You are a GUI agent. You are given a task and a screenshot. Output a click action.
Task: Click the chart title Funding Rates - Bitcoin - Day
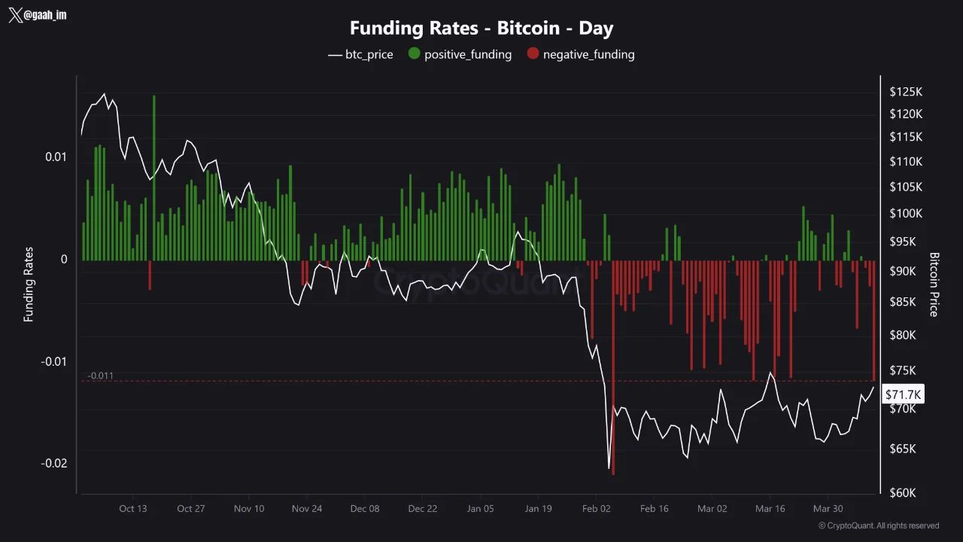coord(481,29)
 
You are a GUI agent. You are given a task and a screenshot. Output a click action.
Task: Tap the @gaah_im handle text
coord(46,15)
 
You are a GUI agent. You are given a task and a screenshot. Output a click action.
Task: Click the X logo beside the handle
coord(15,16)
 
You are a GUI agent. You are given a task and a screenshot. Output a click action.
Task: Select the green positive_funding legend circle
coord(414,54)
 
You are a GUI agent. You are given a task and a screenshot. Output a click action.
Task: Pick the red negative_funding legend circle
coord(533,54)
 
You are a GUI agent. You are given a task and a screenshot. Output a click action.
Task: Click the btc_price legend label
coord(369,54)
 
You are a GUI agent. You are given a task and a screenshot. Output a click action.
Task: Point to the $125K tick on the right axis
coord(906,92)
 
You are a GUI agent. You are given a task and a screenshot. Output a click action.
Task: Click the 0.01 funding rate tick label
coord(56,157)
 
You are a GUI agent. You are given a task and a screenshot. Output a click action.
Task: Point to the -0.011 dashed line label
coord(100,376)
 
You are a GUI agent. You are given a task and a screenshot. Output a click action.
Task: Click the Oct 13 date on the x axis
coord(132,508)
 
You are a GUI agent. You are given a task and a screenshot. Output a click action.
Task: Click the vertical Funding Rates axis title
coord(29,285)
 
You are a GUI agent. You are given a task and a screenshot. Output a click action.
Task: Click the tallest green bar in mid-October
coord(153,177)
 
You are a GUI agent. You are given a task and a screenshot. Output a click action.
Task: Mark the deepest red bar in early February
coord(614,369)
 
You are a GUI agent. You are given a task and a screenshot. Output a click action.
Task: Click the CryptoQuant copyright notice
coord(878,525)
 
